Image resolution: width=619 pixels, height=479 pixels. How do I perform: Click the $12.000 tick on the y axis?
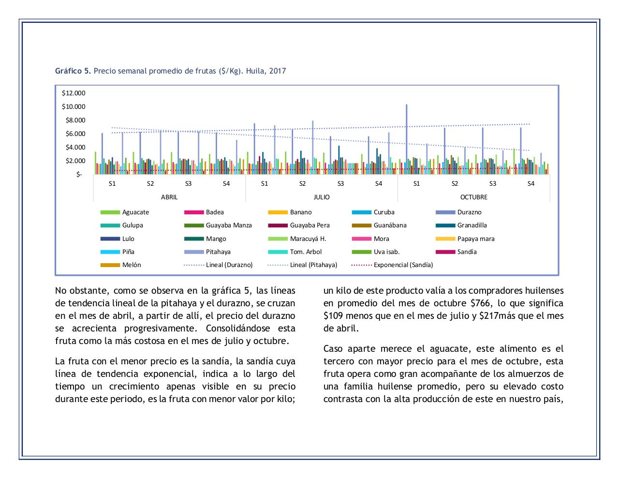[x=74, y=93]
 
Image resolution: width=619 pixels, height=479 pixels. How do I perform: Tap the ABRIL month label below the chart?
[x=169, y=197]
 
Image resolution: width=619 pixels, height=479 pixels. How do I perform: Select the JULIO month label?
[x=322, y=197]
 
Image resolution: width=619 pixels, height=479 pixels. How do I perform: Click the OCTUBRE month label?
[x=473, y=197]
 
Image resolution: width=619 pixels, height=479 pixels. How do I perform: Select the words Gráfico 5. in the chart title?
[x=73, y=71]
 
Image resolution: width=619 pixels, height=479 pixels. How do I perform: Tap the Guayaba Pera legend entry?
[x=309, y=225]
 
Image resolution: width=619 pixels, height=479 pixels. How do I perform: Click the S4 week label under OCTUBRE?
[x=531, y=183]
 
